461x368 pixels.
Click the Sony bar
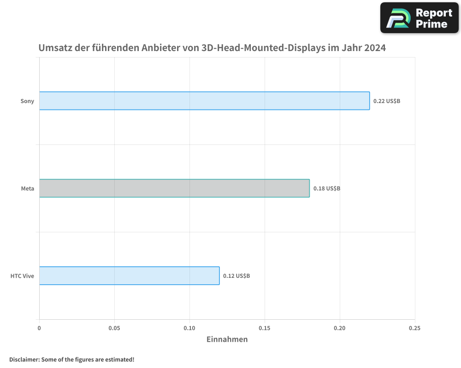[x=204, y=101]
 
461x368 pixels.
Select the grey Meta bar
[x=174, y=188]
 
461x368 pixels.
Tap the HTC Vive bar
[x=129, y=276]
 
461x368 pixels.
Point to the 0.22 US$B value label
[x=387, y=101]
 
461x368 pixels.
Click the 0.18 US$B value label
[x=327, y=189]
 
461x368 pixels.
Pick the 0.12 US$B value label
[x=236, y=276]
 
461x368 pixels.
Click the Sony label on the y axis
[x=27, y=101]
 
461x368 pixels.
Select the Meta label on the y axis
[x=28, y=189]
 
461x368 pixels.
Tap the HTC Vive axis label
[x=23, y=276]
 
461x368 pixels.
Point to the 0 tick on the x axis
[x=39, y=328]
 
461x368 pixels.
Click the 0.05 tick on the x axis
[x=114, y=328]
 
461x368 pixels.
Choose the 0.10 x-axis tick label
[x=189, y=328]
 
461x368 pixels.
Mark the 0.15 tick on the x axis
[x=265, y=328]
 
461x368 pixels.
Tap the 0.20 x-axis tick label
[x=340, y=328]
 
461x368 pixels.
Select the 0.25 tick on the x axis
[x=415, y=328]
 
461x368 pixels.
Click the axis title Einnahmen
[x=227, y=339]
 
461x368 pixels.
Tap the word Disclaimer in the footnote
[x=24, y=359]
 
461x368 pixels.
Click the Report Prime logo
[x=419, y=18]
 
